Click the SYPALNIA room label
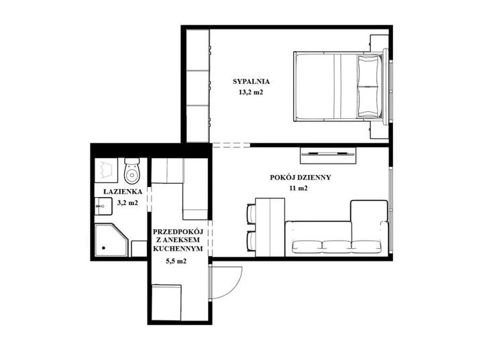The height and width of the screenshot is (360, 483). pyautogui.click(x=251, y=82)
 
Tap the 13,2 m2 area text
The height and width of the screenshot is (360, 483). pyautogui.click(x=251, y=92)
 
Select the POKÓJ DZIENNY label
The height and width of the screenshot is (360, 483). pyautogui.click(x=301, y=178)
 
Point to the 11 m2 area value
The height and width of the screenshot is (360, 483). pyautogui.click(x=299, y=188)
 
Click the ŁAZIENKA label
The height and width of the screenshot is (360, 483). pyautogui.click(x=123, y=192)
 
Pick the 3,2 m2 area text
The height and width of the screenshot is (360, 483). pyautogui.click(x=127, y=202)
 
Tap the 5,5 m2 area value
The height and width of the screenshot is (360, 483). pyautogui.click(x=176, y=261)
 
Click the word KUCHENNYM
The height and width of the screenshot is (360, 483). pyautogui.click(x=178, y=249)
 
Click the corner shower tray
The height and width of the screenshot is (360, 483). pyautogui.click(x=111, y=240)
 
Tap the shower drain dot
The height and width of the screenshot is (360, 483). pyautogui.click(x=103, y=247)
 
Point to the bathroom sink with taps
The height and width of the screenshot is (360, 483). pyautogui.click(x=103, y=206)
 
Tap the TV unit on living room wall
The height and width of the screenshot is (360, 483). pyautogui.click(x=328, y=155)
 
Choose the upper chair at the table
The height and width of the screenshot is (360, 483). pyautogui.click(x=251, y=213)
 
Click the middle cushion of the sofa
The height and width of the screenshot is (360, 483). pyautogui.click(x=337, y=245)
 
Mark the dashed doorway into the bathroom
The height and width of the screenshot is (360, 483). pyautogui.click(x=150, y=199)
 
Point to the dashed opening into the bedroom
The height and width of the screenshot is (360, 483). pyautogui.click(x=231, y=145)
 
